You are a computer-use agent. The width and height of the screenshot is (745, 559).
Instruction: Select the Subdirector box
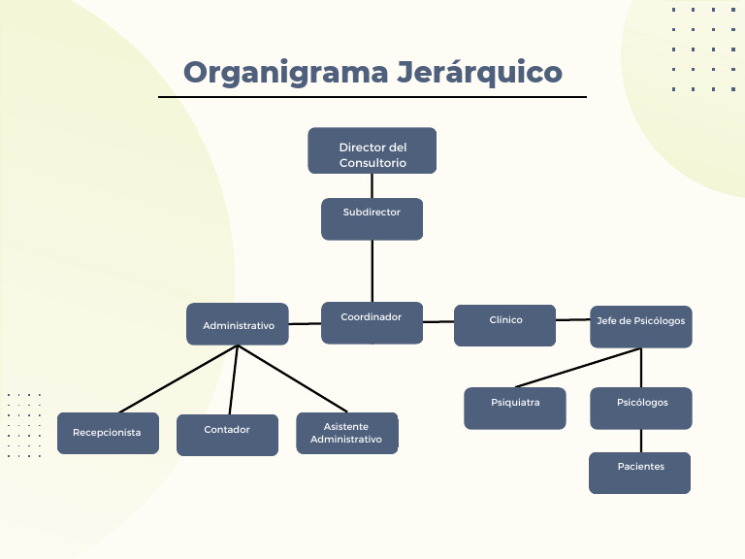point(372,218)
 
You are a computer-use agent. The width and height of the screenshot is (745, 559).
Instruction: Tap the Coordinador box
point(372,322)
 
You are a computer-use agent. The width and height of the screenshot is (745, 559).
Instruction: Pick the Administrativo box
point(238,324)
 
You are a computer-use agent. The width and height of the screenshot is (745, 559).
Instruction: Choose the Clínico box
point(504,325)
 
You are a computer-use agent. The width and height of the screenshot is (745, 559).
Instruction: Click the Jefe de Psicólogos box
point(640,326)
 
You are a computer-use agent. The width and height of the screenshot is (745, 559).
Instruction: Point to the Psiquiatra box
point(514,408)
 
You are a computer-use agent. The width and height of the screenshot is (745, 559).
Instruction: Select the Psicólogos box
point(641,408)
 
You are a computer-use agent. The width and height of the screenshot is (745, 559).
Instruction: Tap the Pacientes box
point(639,473)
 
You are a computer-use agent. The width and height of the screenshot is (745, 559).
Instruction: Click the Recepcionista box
point(108,433)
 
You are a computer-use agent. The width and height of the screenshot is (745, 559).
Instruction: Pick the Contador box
point(227,434)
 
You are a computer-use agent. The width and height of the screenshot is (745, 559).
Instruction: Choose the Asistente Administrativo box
point(346,433)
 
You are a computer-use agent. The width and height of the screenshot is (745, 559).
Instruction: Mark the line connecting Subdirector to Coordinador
point(372,272)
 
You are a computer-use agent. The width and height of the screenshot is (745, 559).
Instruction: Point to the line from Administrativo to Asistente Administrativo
point(291,378)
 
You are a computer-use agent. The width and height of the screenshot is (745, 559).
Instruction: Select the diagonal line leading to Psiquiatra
point(578,368)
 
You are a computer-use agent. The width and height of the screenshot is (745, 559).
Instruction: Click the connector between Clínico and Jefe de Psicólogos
point(573,319)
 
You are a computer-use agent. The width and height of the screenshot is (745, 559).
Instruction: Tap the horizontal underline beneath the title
point(372,97)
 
